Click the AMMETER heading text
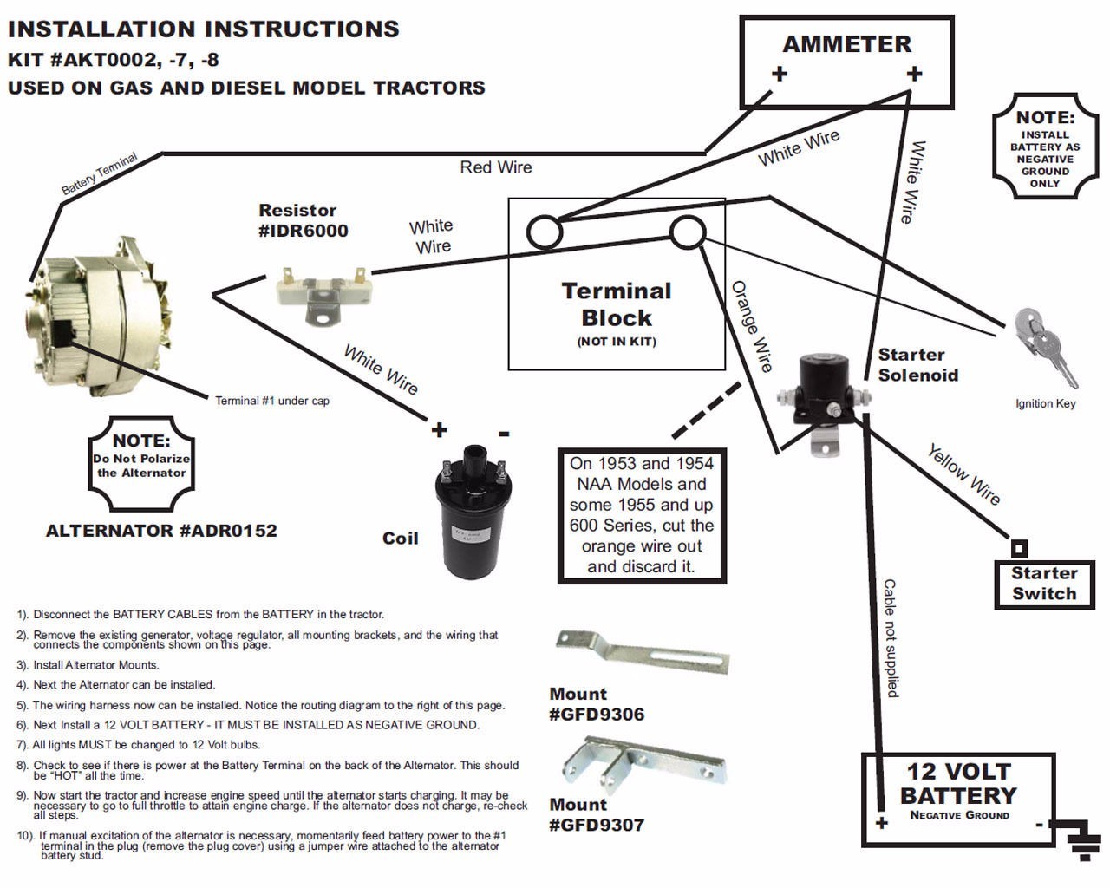pos(846,44)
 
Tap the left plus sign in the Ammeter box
pos(779,74)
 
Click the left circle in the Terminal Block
pos(545,233)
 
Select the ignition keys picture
pos(1048,346)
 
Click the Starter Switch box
pos(1044,584)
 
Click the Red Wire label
pos(496,166)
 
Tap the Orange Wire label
pos(752,327)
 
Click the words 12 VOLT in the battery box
pos(958,771)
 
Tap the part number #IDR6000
pos(304,231)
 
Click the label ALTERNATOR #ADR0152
pos(161,531)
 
